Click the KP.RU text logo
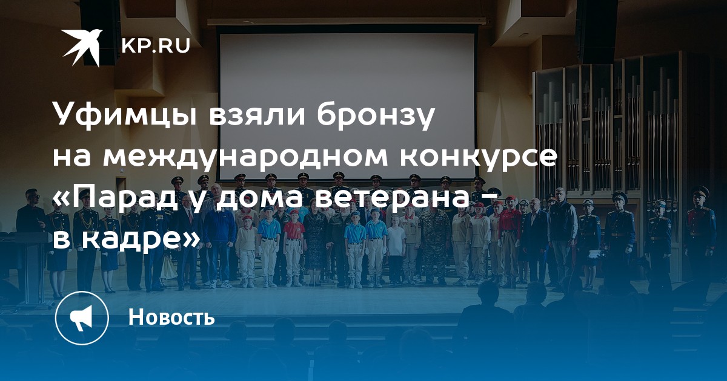[x=156, y=46]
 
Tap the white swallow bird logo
[x=82, y=47]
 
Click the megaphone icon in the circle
[x=82, y=318]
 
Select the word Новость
[x=171, y=316]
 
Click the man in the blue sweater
[x=220, y=246]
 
